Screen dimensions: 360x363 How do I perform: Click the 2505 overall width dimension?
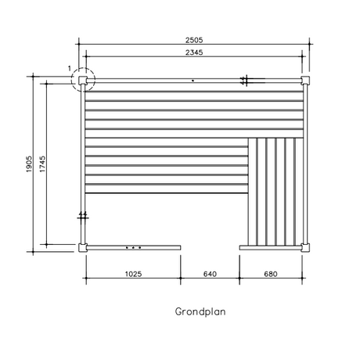pyautogui.click(x=194, y=40)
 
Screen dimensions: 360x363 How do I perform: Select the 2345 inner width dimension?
pyautogui.click(x=194, y=52)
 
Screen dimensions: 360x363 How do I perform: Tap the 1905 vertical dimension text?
pyautogui.click(x=29, y=164)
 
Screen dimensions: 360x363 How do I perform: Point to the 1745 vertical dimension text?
pyautogui.click(x=42, y=164)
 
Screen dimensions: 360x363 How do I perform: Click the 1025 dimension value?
pyautogui.click(x=133, y=274)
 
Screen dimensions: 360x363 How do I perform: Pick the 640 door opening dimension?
pyautogui.click(x=210, y=274)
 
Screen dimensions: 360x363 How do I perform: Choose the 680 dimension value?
pyautogui.click(x=271, y=274)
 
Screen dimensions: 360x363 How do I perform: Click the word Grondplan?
pyautogui.click(x=200, y=311)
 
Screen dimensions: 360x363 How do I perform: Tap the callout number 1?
pyautogui.click(x=70, y=68)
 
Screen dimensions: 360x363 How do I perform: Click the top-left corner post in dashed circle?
pyautogui.click(x=83, y=81)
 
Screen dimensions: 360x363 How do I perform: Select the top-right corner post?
pyautogui.click(x=305, y=81)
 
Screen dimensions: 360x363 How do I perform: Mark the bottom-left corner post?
pyautogui.click(x=83, y=247)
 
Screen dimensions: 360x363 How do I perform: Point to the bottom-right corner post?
pyautogui.click(x=305, y=247)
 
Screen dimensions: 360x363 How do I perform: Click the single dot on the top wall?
pyautogui.click(x=193, y=81)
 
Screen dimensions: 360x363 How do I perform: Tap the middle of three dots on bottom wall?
pyautogui.click(x=133, y=247)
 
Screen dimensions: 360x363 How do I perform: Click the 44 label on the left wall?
pyautogui.click(x=83, y=214)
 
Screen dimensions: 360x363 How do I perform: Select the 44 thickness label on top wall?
pyautogui.click(x=243, y=81)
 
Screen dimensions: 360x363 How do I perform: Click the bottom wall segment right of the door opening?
pyautogui.click(x=271, y=248)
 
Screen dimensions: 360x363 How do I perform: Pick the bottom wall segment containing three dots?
pyautogui.click(x=134, y=247)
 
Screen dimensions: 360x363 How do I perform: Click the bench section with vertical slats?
pyautogui.click(x=275, y=192)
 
